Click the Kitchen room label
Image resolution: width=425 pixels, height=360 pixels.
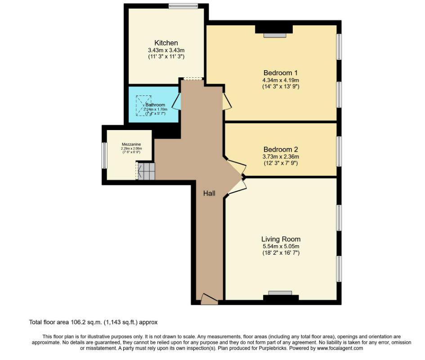pos(166,43)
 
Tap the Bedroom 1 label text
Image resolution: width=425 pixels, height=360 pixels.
pos(281,72)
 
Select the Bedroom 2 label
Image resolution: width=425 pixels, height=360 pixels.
pos(281,149)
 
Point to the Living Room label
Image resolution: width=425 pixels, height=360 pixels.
pos(281,239)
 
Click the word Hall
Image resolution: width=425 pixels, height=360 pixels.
pos(209,193)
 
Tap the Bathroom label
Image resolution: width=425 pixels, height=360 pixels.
pos(155,105)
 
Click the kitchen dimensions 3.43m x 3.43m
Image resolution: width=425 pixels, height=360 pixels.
pos(166,50)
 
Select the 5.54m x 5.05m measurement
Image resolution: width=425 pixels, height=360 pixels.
pos(281,246)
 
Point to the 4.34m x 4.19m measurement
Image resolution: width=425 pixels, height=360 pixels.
pos(281,80)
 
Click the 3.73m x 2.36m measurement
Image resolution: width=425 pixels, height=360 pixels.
pos(281,156)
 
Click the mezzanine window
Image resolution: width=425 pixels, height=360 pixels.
pos(103,155)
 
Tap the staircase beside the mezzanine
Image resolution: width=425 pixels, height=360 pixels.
pos(146,171)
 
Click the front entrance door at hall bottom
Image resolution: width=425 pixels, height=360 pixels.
pos(209,298)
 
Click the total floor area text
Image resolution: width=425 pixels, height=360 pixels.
pos(94,322)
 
